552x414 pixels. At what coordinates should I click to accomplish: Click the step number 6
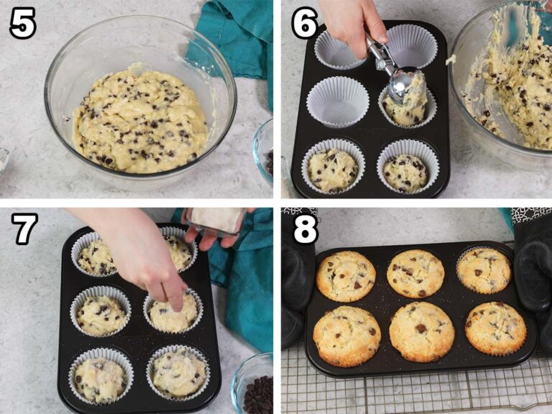(x=305, y=24)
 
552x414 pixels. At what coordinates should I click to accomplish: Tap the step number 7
(x=24, y=229)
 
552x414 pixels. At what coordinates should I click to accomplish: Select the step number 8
(x=305, y=229)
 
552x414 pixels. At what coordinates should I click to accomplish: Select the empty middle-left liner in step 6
(x=337, y=101)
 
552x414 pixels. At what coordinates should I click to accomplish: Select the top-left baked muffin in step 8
(x=346, y=276)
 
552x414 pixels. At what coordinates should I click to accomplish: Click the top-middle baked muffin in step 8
(x=415, y=273)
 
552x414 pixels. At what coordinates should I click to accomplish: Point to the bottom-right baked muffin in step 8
(x=494, y=328)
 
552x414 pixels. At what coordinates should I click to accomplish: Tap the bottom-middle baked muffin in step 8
(x=421, y=331)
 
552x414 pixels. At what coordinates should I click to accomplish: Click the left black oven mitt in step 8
(x=295, y=287)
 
